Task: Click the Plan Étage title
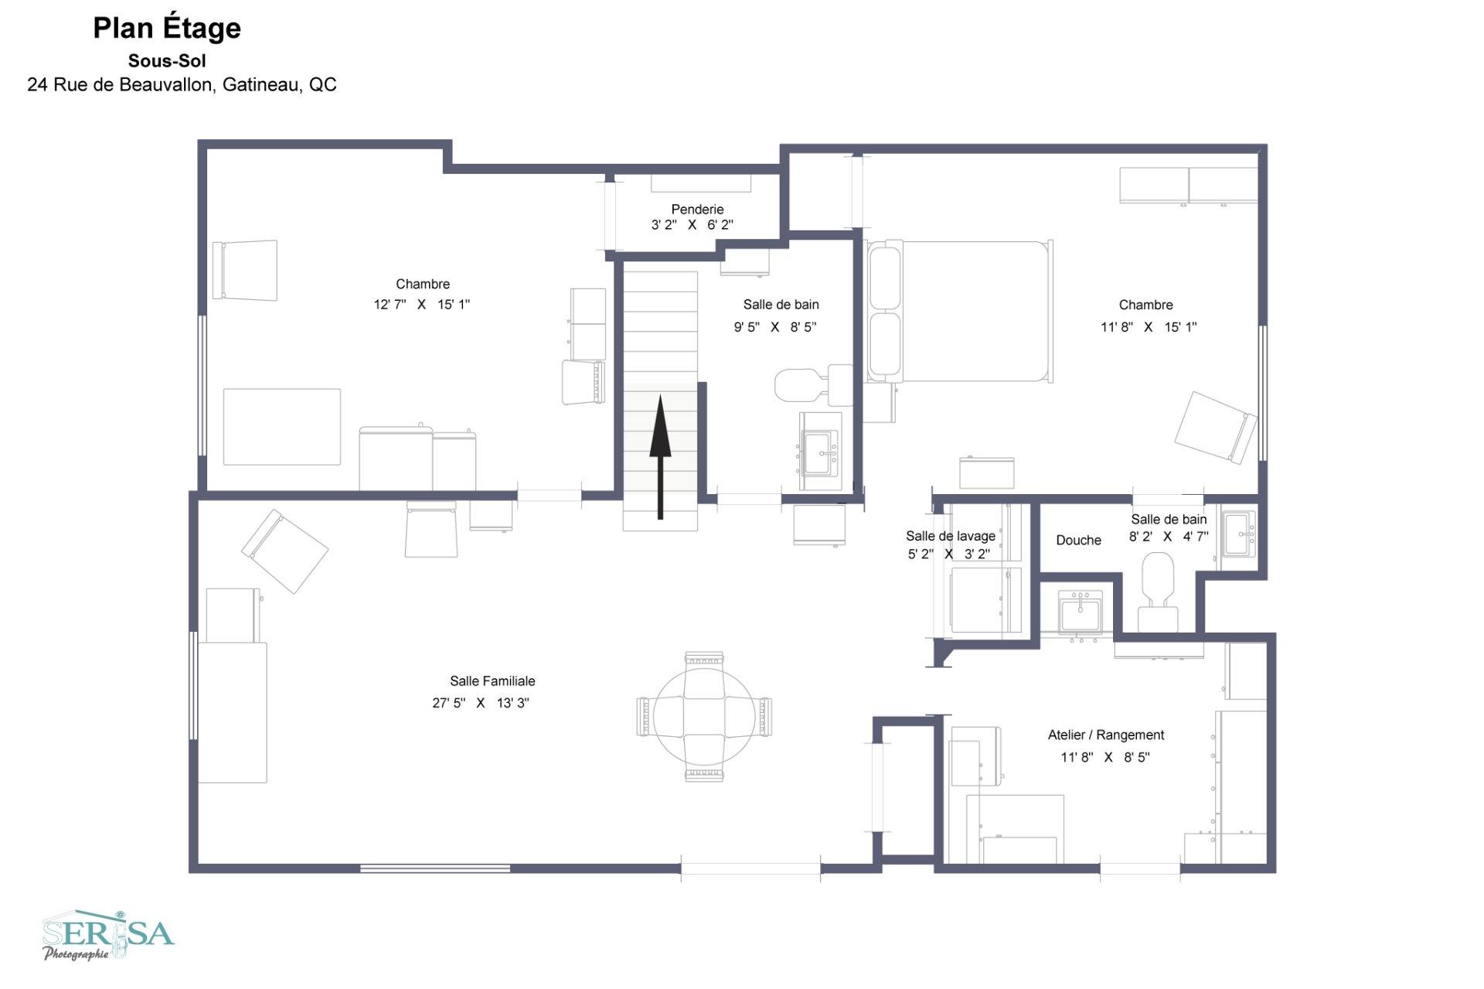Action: click(167, 29)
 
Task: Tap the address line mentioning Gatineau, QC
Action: click(182, 84)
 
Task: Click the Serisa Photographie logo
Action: click(108, 935)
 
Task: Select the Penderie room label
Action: click(697, 209)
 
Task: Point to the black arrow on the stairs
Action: click(660, 457)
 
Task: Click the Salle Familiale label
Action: click(492, 681)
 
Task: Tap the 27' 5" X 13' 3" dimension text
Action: click(481, 703)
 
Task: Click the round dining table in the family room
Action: click(704, 716)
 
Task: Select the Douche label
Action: click(1078, 540)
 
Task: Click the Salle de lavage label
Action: click(951, 536)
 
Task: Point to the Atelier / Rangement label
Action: click(1105, 735)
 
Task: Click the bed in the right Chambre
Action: click(960, 311)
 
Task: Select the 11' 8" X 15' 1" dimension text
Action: click(1149, 327)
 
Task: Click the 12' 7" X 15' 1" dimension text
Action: click(422, 305)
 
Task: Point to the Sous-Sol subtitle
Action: click(167, 60)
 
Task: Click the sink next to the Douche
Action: click(1080, 612)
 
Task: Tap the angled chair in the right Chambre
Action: click(1216, 428)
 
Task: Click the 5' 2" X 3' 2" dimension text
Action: click(949, 554)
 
